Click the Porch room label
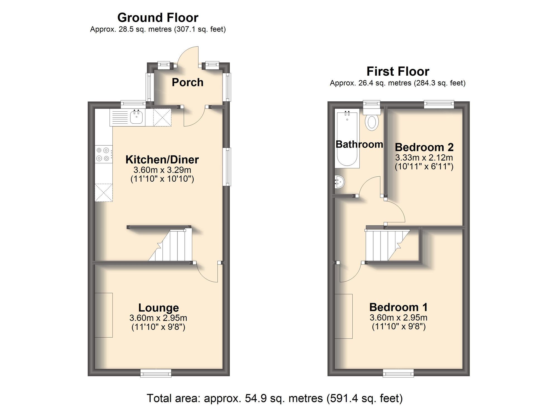[x=187, y=82]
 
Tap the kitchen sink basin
[x=137, y=117]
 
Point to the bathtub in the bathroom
[x=347, y=138]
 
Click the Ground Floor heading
[x=158, y=18]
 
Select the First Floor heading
[x=398, y=71]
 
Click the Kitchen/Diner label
[x=162, y=160]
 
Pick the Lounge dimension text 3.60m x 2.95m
[x=158, y=318]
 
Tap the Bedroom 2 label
[x=424, y=147]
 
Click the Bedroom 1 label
[x=398, y=307]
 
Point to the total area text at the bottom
[x=275, y=398]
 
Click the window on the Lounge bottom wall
[x=156, y=373]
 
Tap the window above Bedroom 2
[x=439, y=104]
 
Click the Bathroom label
[x=359, y=144]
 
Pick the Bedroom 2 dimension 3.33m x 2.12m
[x=424, y=158]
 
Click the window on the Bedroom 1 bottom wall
[x=398, y=373]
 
